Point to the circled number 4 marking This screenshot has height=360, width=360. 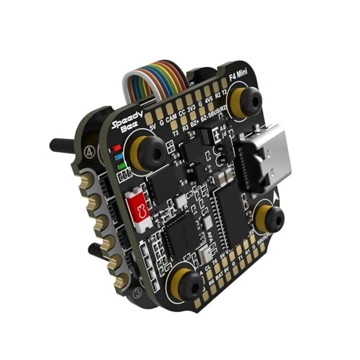pos(88,152)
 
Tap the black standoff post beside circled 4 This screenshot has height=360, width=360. pos(64,145)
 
